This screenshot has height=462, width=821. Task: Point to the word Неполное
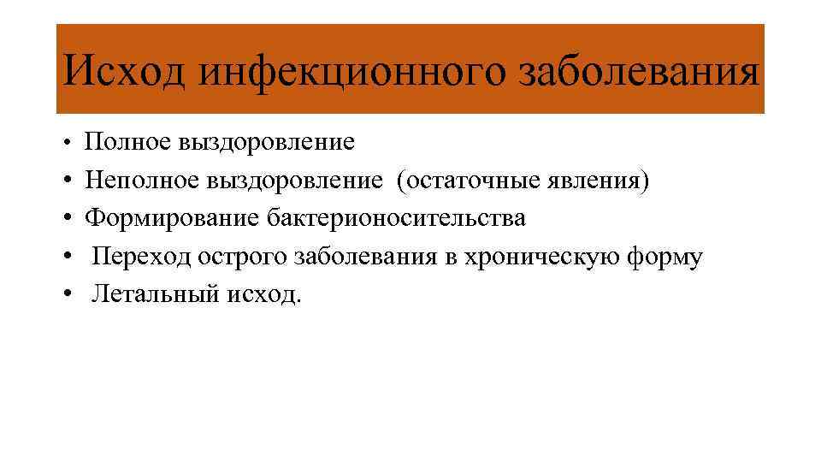click(141, 181)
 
